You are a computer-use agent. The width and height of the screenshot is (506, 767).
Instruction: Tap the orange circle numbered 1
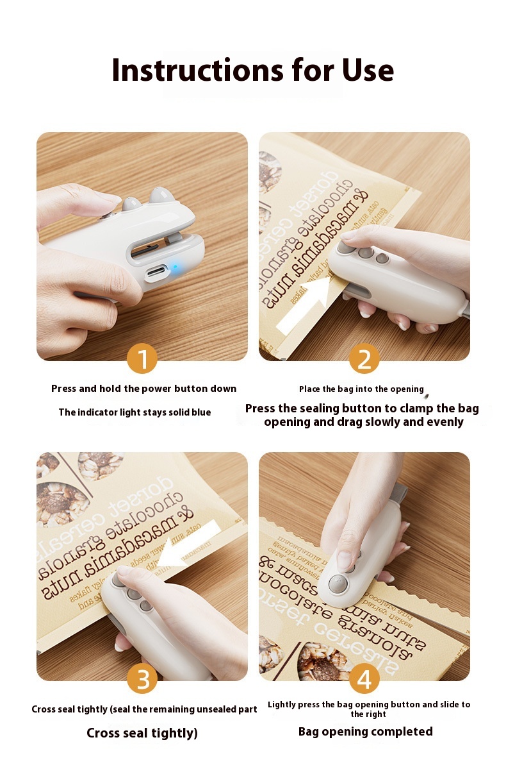point(142,358)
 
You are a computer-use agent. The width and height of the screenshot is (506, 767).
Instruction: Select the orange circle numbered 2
point(364,358)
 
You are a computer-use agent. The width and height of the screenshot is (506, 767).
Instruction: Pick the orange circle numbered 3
point(142,678)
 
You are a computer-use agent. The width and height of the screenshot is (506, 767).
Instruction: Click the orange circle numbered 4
point(364,678)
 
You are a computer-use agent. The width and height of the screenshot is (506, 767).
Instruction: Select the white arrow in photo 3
point(189,544)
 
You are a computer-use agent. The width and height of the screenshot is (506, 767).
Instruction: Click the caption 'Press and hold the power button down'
point(143,389)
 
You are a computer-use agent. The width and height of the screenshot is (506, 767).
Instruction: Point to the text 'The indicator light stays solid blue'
point(135,412)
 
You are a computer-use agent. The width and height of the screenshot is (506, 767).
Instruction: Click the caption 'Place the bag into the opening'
point(361,389)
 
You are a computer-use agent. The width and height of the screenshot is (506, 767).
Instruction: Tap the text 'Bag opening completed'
point(365,732)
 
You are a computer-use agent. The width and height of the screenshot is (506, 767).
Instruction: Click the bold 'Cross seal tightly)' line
point(142,733)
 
